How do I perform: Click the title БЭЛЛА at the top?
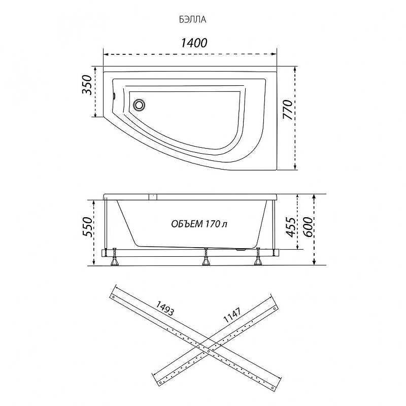tap(192, 20)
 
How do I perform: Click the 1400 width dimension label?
tap(194, 43)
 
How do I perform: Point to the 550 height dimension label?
tap(87, 227)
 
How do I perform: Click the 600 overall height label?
tap(308, 227)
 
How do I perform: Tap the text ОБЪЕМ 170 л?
tap(199, 224)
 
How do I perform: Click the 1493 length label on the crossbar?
tap(164, 309)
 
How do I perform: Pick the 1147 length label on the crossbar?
tap(232, 315)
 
